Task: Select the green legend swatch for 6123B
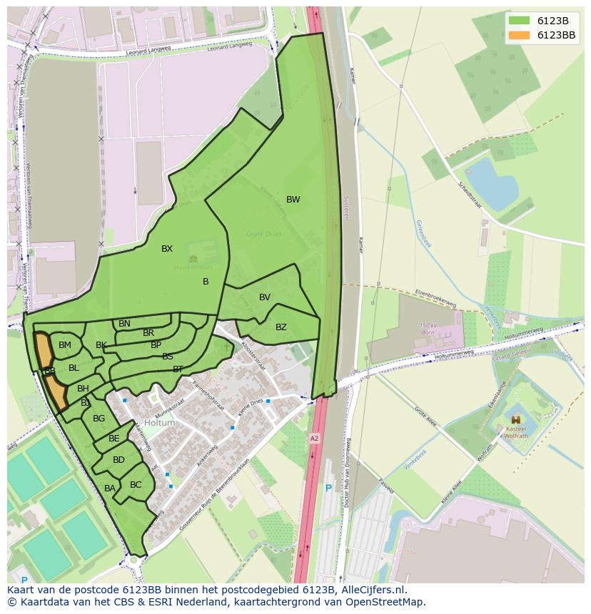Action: click(520, 21)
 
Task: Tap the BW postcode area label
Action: click(293, 200)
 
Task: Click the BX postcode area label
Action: click(167, 249)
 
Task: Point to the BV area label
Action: click(265, 297)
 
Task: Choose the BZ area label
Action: click(281, 327)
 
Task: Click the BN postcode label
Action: click(124, 324)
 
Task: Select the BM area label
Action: click(65, 345)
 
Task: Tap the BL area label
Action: click(74, 368)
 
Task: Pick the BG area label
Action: click(99, 419)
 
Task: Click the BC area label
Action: click(136, 485)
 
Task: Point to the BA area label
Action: click(110, 488)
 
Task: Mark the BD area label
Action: click(118, 460)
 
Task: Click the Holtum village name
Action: click(159, 423)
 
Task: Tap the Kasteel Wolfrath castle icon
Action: click(515, 420)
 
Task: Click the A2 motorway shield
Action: click(314, 438)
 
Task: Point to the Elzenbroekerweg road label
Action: click(435, 298)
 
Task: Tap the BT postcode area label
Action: click(178, 369)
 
